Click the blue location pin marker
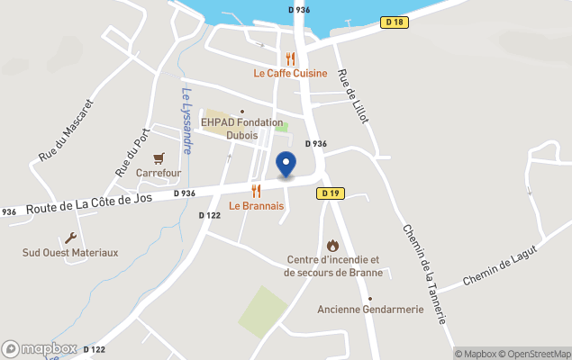(x=286, y=165)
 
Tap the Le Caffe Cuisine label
(x=289, y=74)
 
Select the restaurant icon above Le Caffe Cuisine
(x=290, y=58)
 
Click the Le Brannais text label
(x=257, y=206)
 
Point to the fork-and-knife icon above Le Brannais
(x=257, y=191)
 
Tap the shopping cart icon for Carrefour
(x=159, y=157)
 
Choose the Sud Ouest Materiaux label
(x=70, y=253)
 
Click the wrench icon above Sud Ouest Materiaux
(x=71, y=238)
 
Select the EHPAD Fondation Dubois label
(x=241, y=129)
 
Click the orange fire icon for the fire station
(x=332, y=245)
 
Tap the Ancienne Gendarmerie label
(x=370, y=310)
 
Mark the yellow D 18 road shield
(x=392, y=22)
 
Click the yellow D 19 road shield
(x=331, y=193)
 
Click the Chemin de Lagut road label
(x=499, y=267)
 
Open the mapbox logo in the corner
(x=40, y=348)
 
